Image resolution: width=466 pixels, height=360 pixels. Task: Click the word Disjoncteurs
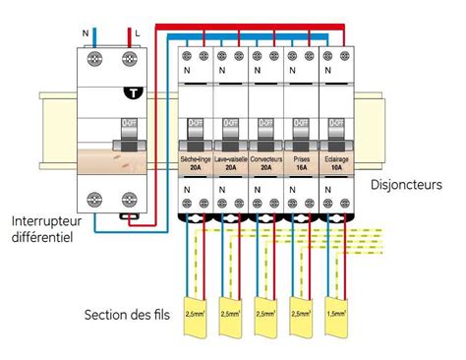(407, 184)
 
